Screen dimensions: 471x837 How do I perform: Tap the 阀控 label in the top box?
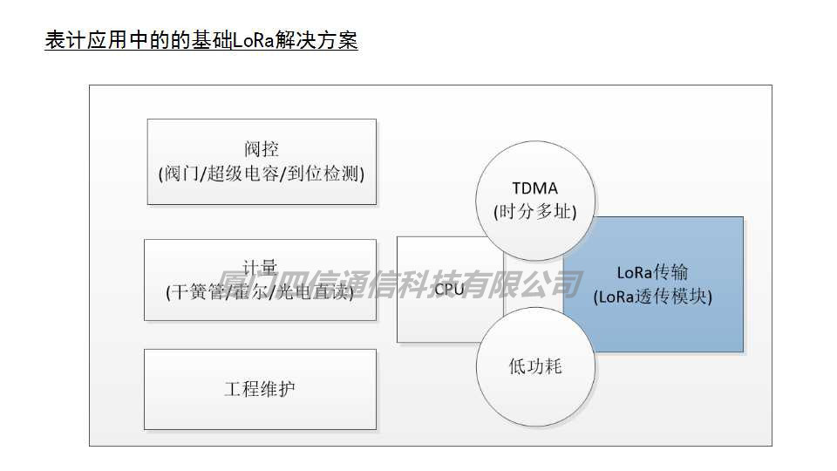[262, 149]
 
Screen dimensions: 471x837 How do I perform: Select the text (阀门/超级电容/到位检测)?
[262, 173]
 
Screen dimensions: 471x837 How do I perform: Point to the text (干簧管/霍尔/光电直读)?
[261, 292]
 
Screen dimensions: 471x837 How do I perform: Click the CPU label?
[450, 290]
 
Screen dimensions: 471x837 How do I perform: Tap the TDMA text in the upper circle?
[534, 188]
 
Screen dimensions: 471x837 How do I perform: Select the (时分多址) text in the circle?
[534, 211]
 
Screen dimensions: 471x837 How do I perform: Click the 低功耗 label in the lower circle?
[535, 366]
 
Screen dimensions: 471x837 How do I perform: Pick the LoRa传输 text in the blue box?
[652, 272]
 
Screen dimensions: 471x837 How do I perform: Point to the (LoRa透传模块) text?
[652, 297]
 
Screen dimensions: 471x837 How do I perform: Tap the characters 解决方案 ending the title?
[311, 41]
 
